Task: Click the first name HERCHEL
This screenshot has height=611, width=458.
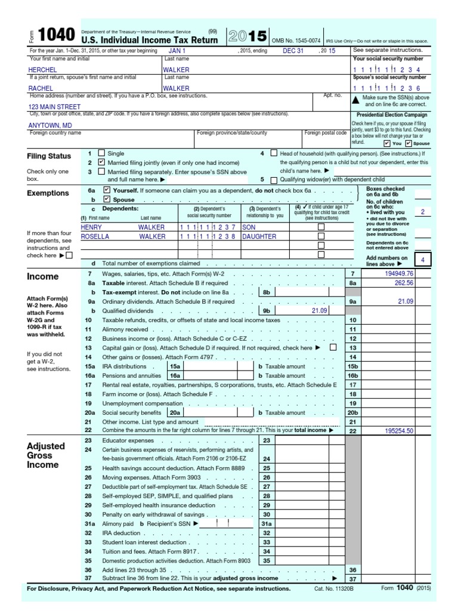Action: pyautogui.click(x=43, y=70)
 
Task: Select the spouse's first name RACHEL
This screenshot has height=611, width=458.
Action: pyautogui.click(x=41, y=88)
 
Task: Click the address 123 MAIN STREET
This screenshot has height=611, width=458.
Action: pyautogui.click(x=54, y=107)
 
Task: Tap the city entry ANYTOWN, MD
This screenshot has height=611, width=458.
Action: pyautogui.click(x=51, y=125)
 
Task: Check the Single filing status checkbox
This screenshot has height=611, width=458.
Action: pyautogui.click(x=101, y=153)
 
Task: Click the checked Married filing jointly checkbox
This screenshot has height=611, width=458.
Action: pyautogui.click(x=101, y=162)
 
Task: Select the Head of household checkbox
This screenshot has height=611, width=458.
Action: pyautogui.click(x=274, y=153)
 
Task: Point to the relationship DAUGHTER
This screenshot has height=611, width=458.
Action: pyautogui.click(x=259, y=236)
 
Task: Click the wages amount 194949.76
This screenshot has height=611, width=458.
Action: pyautogui.click(x=399, y=273)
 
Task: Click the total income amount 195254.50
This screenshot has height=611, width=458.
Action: pyautogui.click(x=399, y=430)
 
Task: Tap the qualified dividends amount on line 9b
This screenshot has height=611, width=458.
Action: pyautogui.click(x=320, y=311)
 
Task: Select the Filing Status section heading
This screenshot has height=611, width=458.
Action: pyautogui.click(x=49, y=156)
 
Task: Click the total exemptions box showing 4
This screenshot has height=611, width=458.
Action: pyautogui.click(x=422, y=260)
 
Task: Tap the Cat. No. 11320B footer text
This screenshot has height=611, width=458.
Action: pyautogui.click(x=338, y=589)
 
